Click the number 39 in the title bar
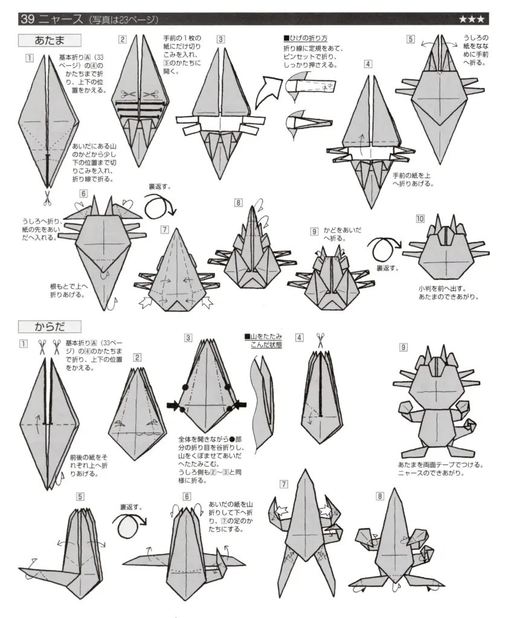click(x=27, y=19)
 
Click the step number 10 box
click(x=420, y=218)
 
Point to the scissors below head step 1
click(x=47, y=196)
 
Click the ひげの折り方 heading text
click(x=306, y=37)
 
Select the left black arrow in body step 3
click(x=173, y=405)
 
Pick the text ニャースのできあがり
click(x=431, y=473)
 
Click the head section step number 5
click(x=411, y=40)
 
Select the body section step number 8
click(x=379, y=496)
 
